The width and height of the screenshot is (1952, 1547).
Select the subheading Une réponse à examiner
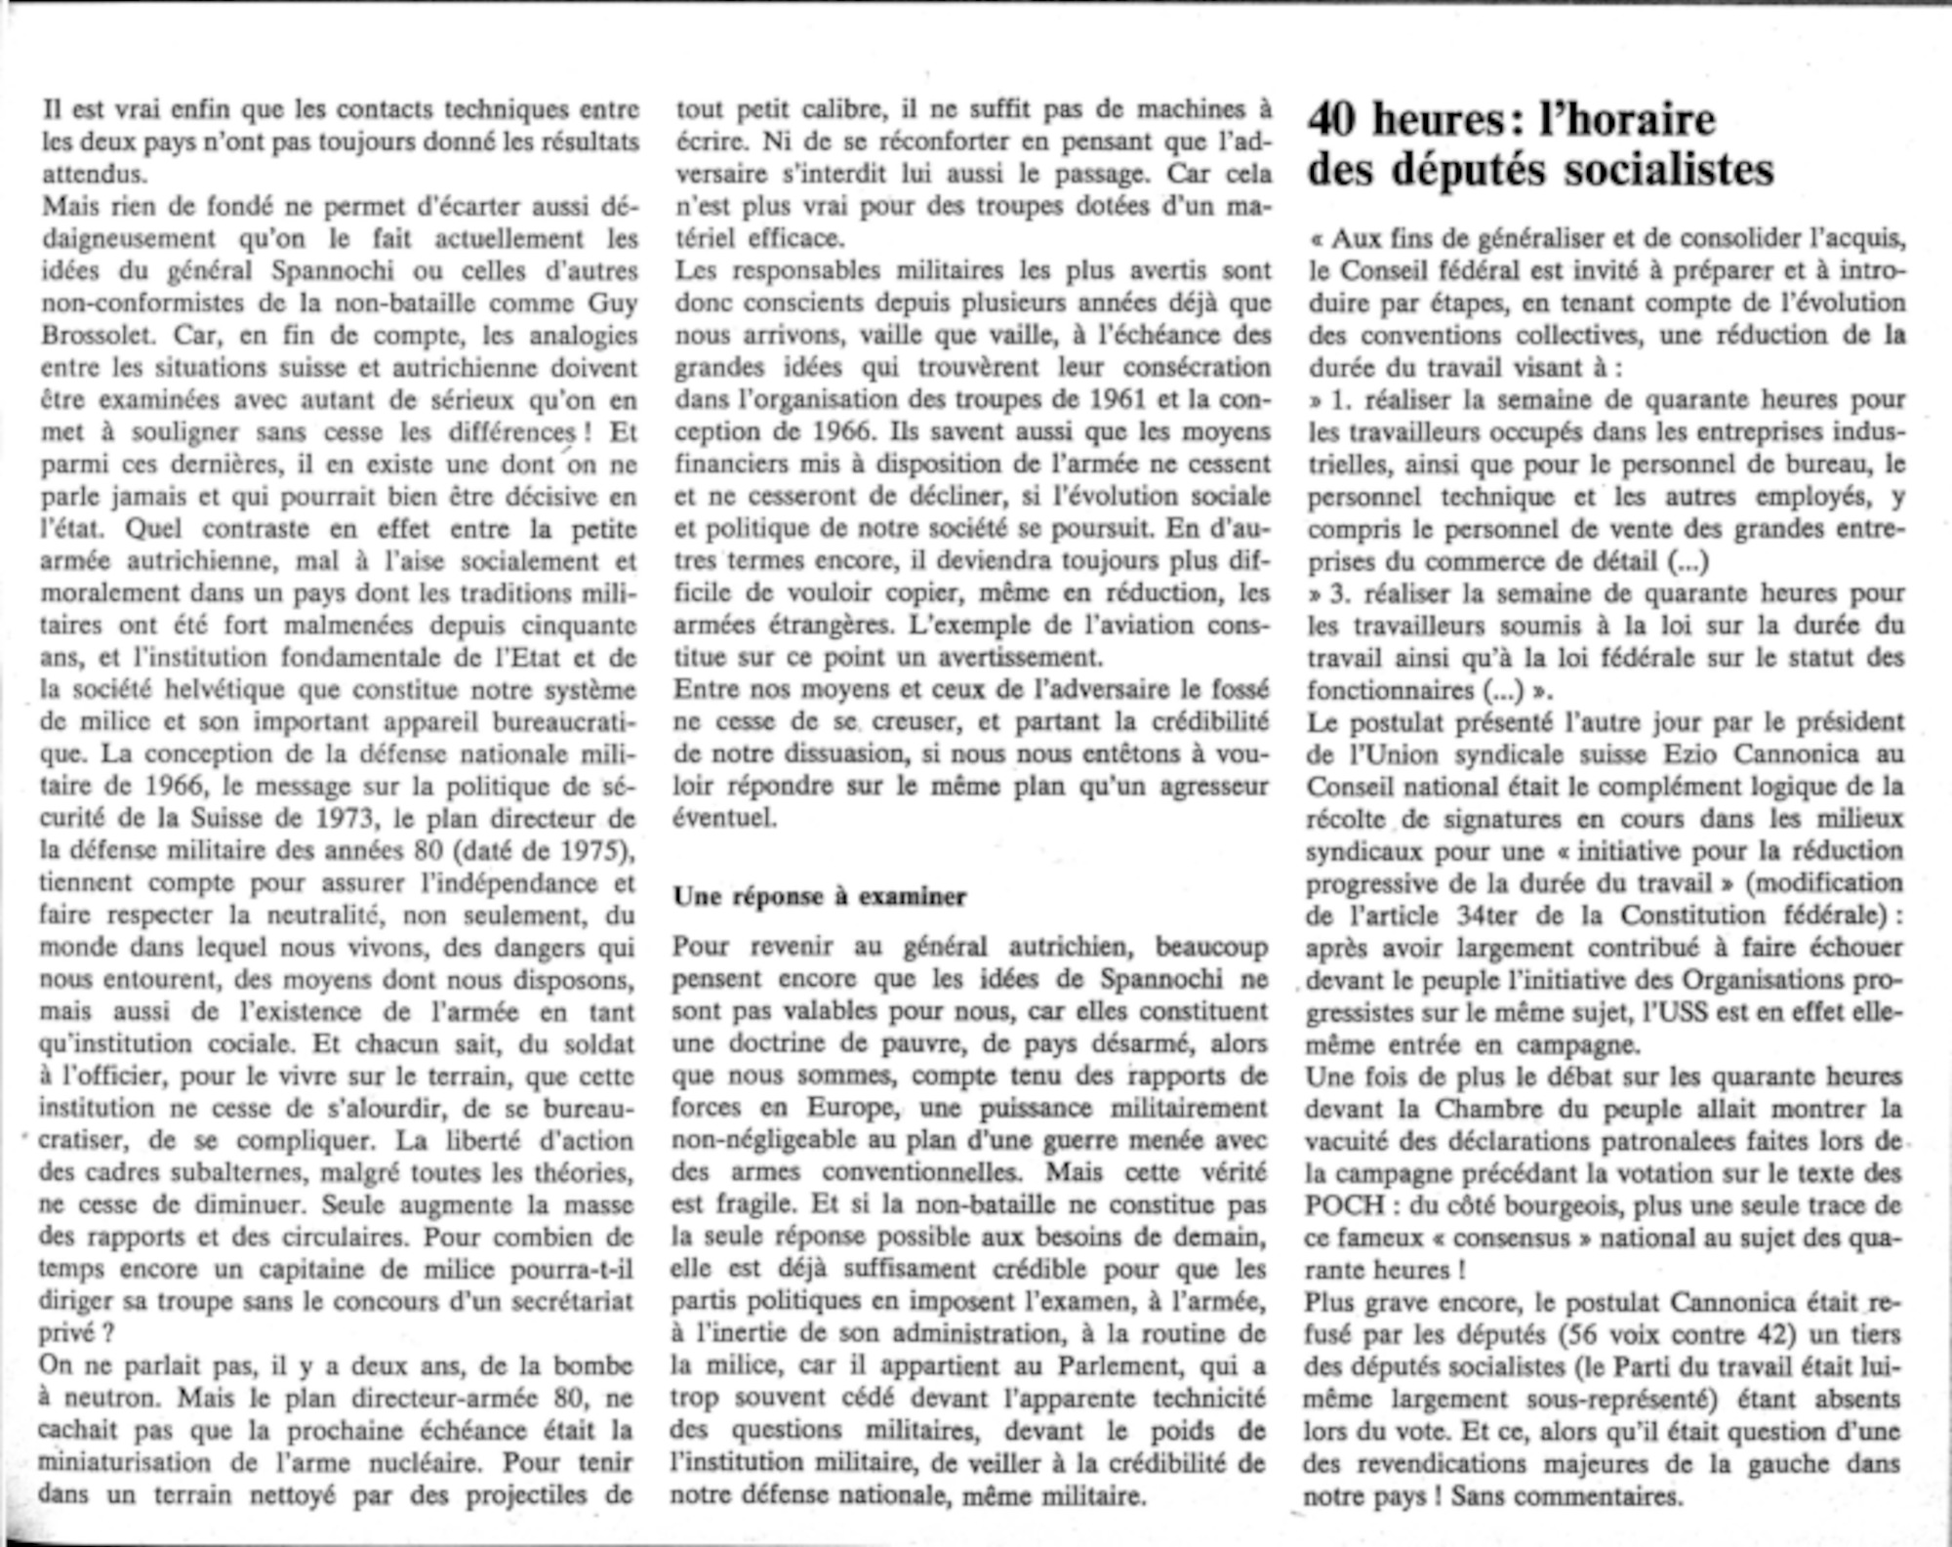pyautogui.click(x=820, y=897)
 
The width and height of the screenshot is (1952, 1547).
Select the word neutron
pyautogui.click(x=108, y=1399)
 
